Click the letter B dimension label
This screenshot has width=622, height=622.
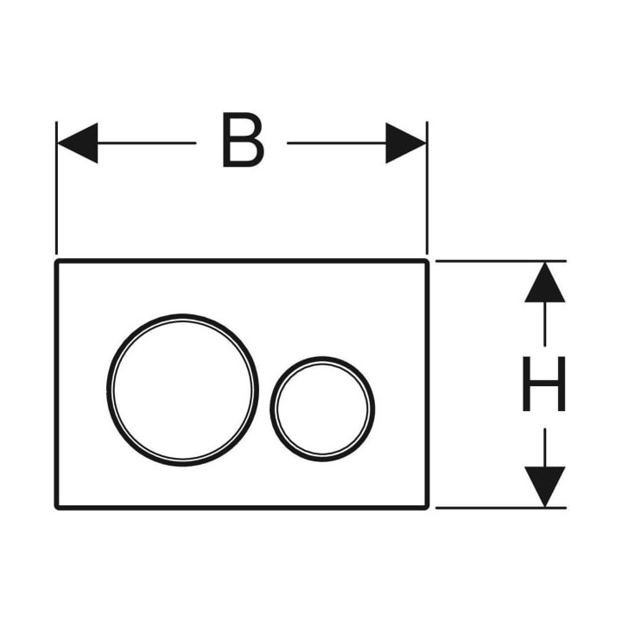244,140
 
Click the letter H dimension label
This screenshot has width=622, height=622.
544,384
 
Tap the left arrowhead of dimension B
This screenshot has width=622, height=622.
78,143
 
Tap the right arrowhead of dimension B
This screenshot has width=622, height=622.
406,143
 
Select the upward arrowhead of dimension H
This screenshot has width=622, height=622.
544,282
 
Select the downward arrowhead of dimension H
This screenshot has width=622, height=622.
544,486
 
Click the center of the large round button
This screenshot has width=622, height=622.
182,390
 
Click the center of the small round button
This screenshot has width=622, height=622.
322,409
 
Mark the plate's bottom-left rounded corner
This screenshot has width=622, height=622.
56,508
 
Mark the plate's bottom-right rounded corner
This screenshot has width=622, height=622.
428,508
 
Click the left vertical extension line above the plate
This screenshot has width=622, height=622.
57,187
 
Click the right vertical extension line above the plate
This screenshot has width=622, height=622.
427,187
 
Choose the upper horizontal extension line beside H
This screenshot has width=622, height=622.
501,261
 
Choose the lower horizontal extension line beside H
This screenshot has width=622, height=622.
501,507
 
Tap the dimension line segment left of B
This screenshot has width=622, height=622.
147,143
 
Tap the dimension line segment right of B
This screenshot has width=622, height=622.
336,143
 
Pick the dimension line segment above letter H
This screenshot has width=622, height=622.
544,324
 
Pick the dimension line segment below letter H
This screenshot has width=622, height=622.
544,447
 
